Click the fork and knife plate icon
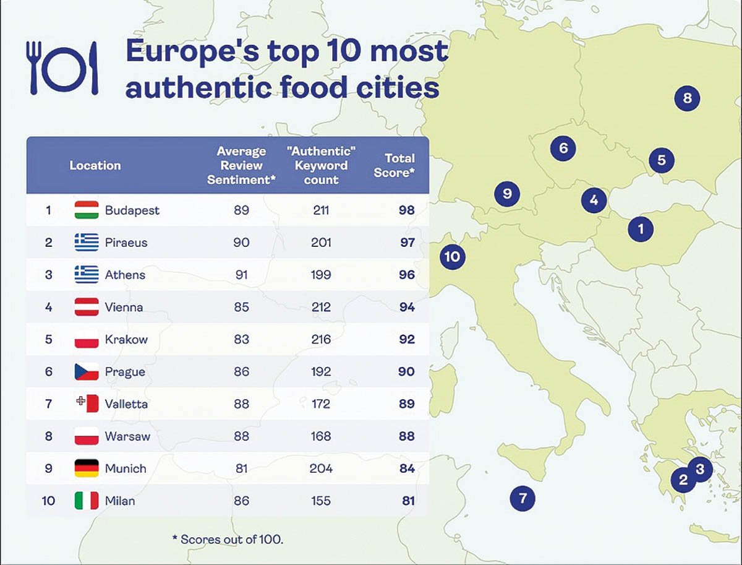(x=62, y=68)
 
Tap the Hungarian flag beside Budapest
(x=87, y=210)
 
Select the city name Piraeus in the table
(x=126, y=242)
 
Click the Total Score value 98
(x=406, y=210)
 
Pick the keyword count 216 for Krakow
(x=321, y=339)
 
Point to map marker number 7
(x=522, y=498)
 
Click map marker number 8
(x=687, y=98)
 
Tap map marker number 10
(x=453, y=256)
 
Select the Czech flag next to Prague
(x=87, y=371)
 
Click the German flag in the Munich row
(x=87, y=468)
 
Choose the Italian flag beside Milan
(x=87, y=500)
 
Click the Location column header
(x=95, y=165)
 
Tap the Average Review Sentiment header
(x=241, y=165)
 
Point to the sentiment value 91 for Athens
(x=241, y=274)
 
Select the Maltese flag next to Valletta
(x=87, y=403)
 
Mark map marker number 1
(x=641, y=229)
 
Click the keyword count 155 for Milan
(x=321, y=500)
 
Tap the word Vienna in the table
(x=124, y=307)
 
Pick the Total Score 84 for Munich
(x=406, y=468)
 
